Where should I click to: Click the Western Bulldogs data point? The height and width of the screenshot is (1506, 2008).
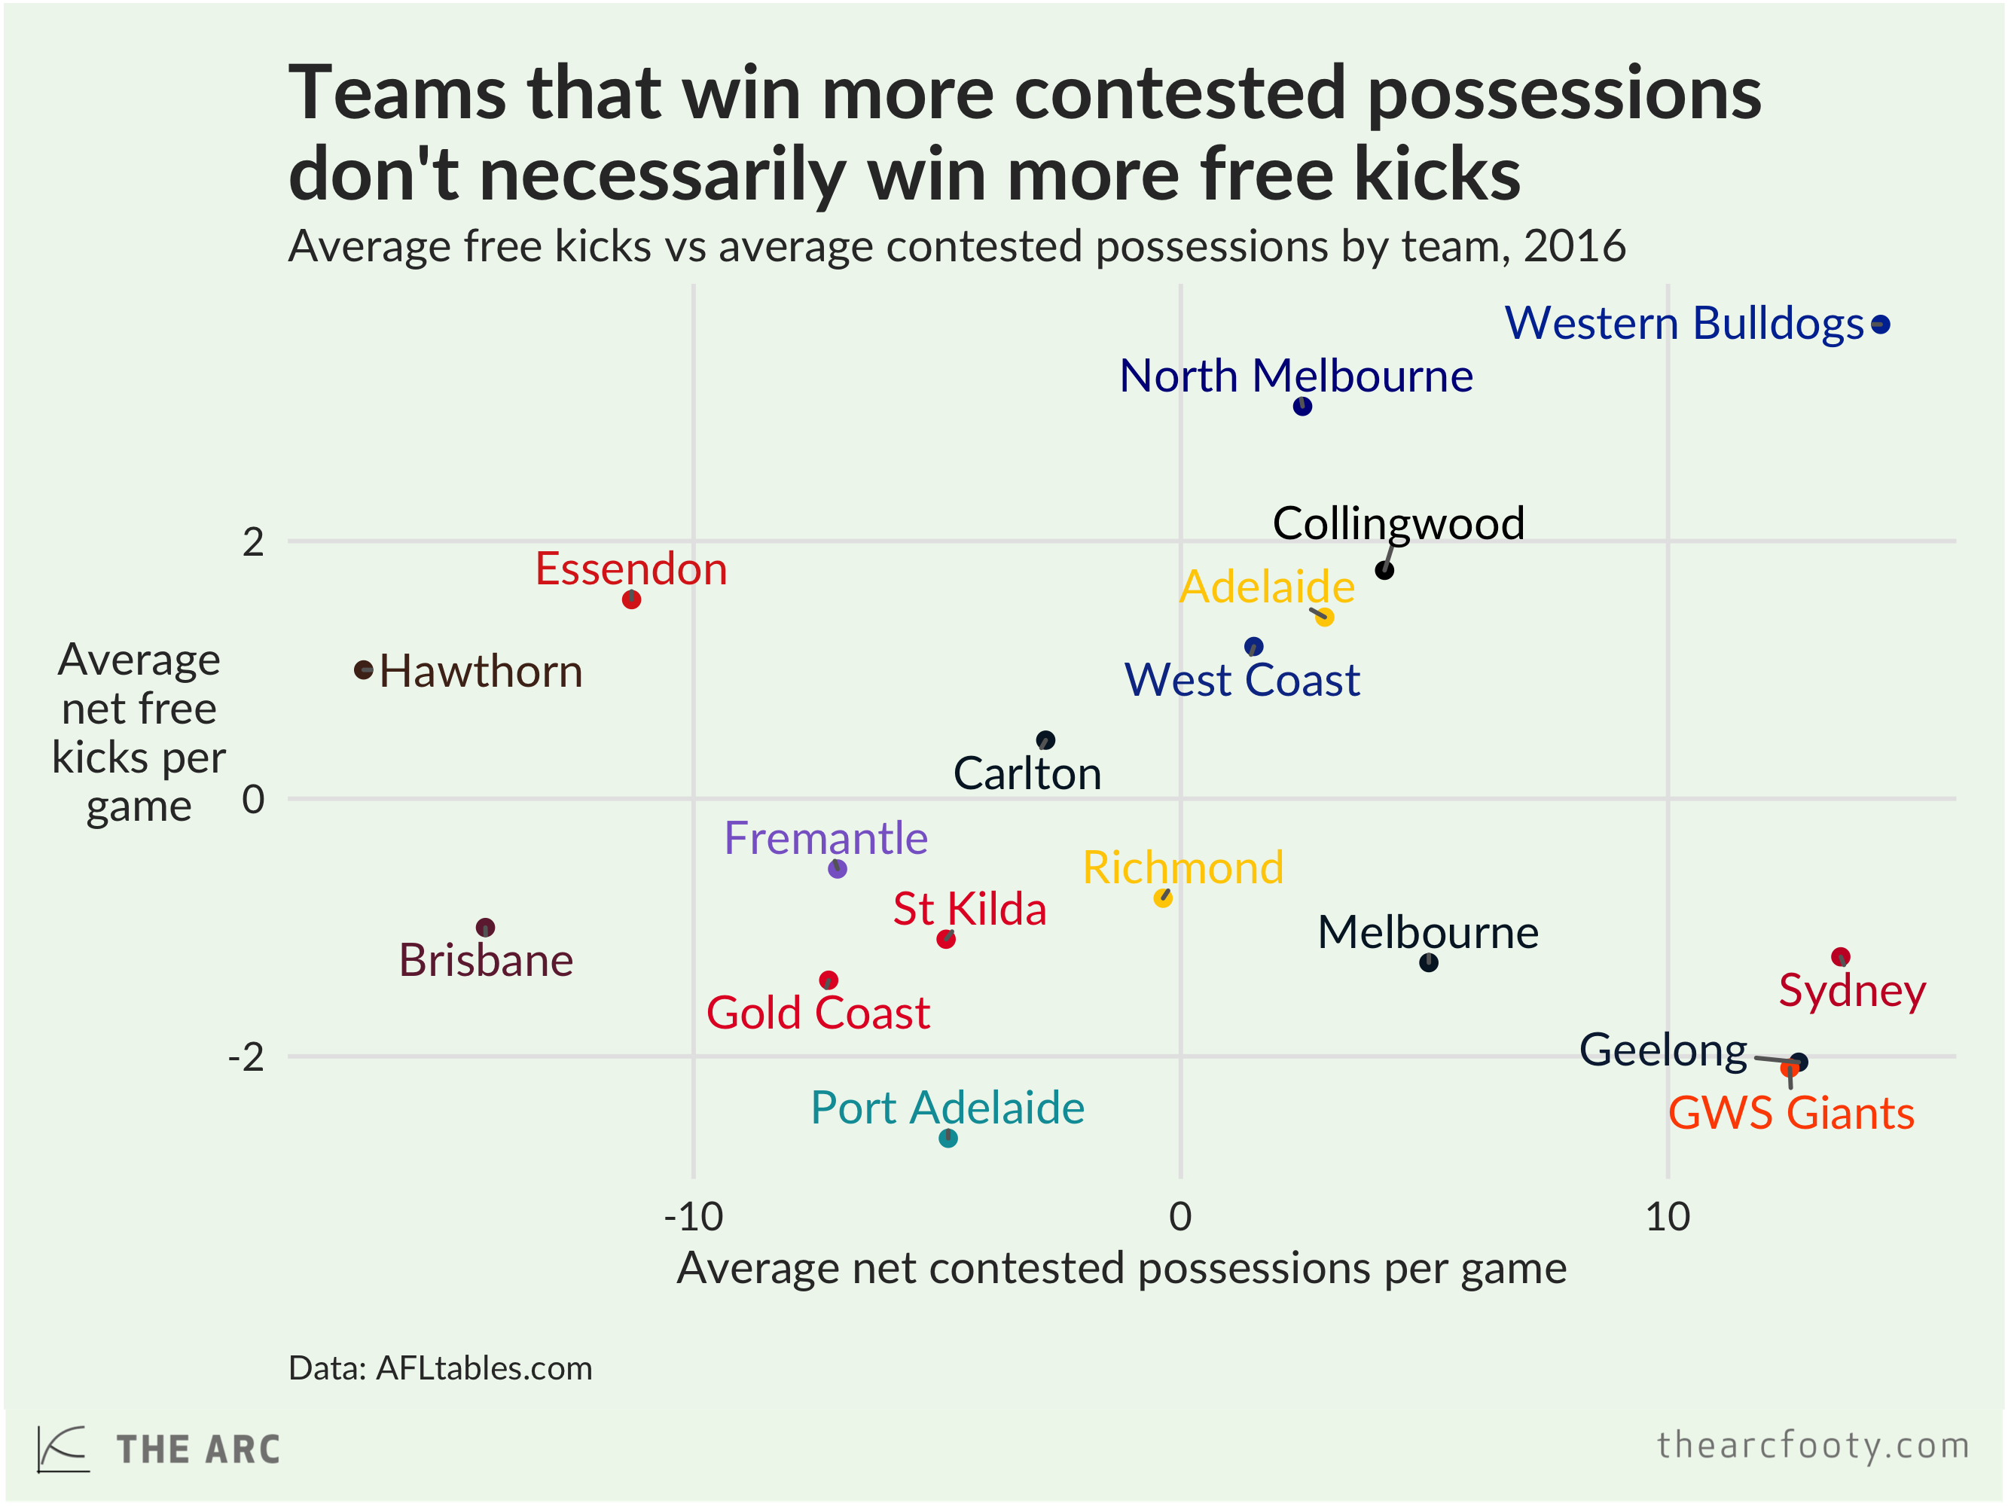coord(1880,324)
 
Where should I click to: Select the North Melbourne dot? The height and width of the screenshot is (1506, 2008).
coord(1302,406)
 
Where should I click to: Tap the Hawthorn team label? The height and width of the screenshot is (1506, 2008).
coord(481,672)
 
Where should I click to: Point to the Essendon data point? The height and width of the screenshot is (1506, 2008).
coord(631,599)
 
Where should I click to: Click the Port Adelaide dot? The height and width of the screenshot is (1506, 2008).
coord(947,1138)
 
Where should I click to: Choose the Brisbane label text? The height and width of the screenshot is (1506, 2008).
coord(486,960)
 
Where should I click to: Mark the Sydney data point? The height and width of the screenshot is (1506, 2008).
coord(1840,956)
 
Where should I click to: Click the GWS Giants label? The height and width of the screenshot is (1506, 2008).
coord(1790,1113)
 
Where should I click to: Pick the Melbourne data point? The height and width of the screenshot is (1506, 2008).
coord(1428,962)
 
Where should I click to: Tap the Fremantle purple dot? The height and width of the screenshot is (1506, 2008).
coord(837,869)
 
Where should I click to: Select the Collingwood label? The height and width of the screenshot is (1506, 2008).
coord(1398,524)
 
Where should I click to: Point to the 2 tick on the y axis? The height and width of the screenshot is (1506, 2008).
coord(253,542)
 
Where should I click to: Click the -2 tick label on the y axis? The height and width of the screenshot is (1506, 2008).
coord(246,1056)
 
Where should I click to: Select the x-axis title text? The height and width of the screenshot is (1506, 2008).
coord(1121,1268)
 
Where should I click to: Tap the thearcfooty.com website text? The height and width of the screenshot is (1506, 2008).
coord(1813,1444)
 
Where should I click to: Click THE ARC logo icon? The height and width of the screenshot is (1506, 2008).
coord(63,1449)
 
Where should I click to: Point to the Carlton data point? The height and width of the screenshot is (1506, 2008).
coord(1045,740)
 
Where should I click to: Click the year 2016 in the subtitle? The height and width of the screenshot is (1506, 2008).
coord(1574,247)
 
